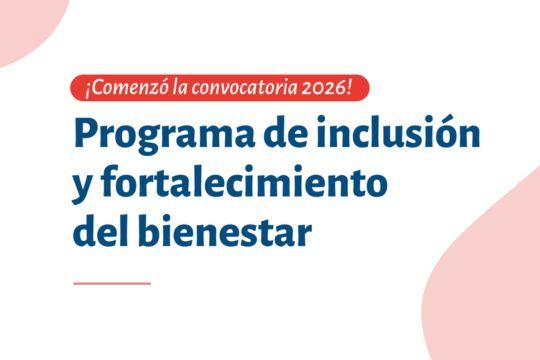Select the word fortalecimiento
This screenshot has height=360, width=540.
click(244, 183)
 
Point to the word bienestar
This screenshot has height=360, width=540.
click(225, 229)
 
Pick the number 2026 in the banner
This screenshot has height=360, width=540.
click(323, 89)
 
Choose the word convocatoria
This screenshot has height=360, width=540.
click(244, 88)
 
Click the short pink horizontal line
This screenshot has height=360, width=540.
click(112, 284)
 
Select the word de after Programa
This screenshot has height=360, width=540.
click(285, 131)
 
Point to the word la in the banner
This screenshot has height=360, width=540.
click(180, 88)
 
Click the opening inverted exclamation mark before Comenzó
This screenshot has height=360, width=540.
click(88, 91)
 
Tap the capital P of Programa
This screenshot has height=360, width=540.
click(86, 132)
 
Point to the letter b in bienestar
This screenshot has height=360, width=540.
click(151, 229)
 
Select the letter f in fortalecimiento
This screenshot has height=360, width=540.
click(111, 183)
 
